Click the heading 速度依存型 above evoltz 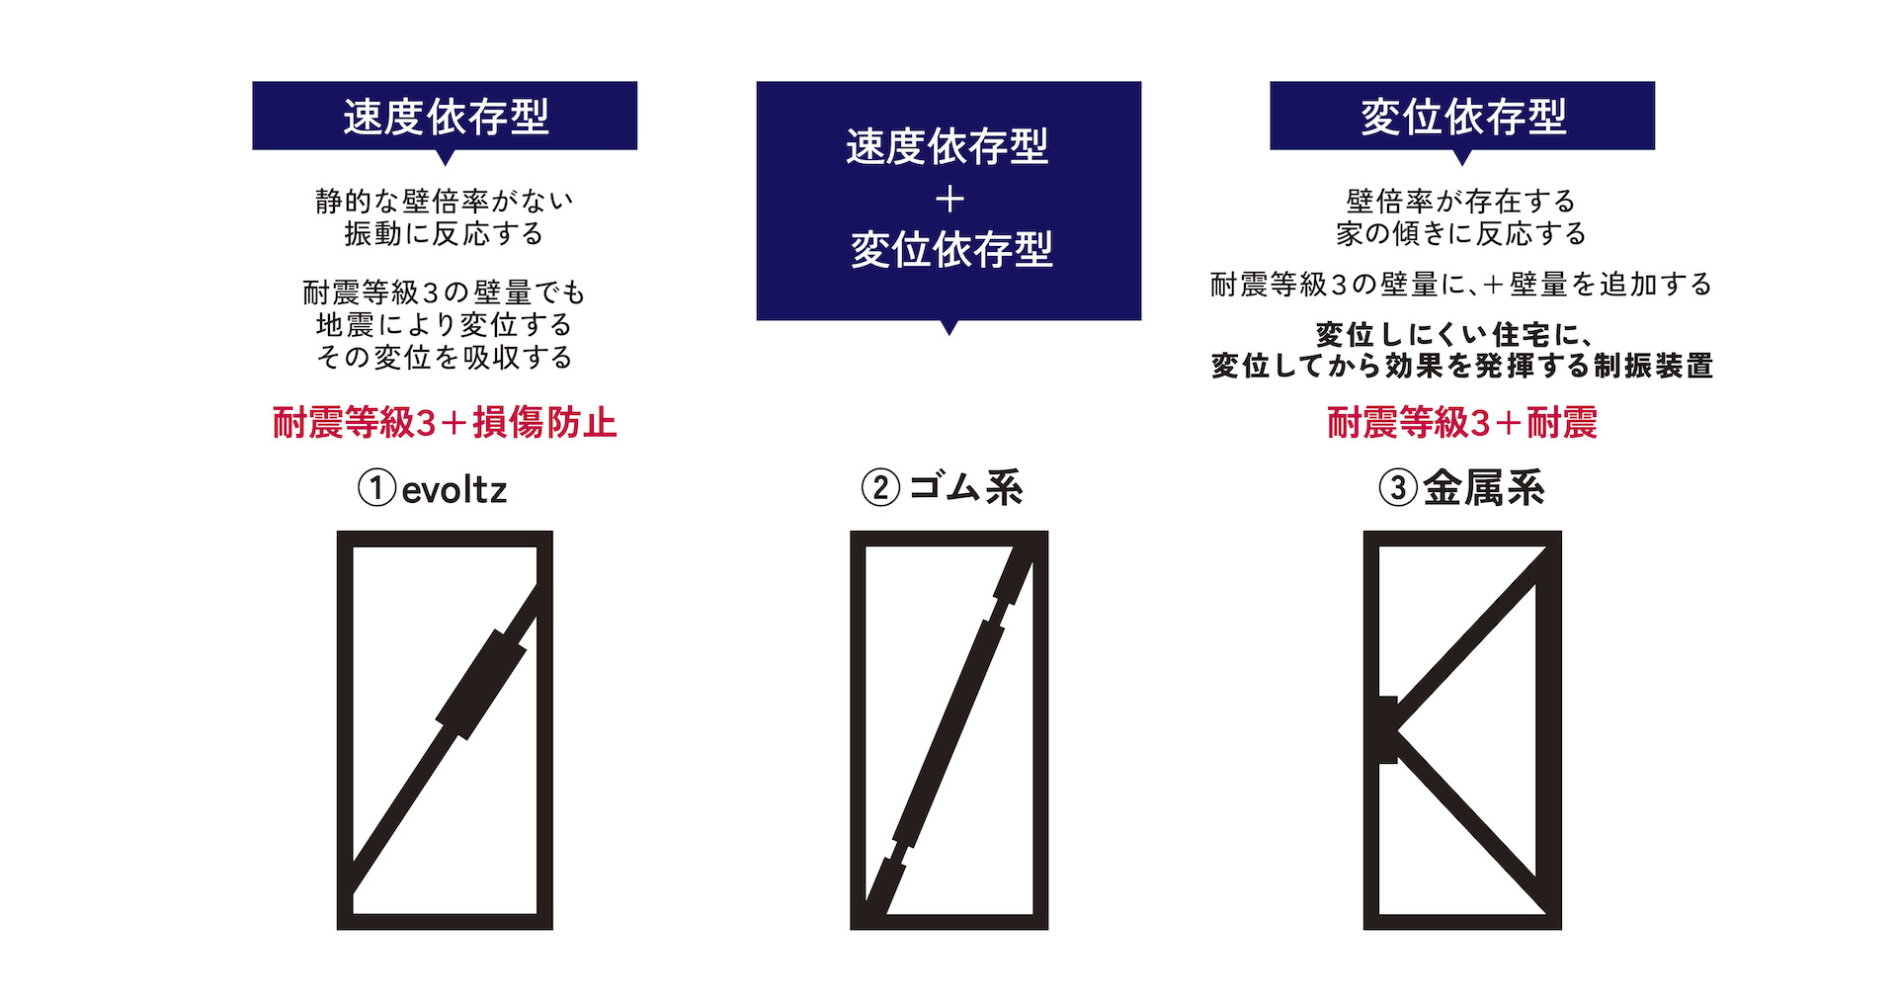pos(446,117)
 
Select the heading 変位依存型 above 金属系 pos(1463,117)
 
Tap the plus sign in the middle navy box pos(949,200)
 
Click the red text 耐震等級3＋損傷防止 pos(445,422)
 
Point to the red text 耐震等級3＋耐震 pos(1462,422)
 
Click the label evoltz pos(454,489)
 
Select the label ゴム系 pos(965,488)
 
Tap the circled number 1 pos(376,488)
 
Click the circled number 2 pos(880,488)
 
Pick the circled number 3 pos(1398,488)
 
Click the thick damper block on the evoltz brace pos(481,684)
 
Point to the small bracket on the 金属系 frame pos(1387,729)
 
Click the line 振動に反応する pos(445,234)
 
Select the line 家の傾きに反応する pos(1462,234)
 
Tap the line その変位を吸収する pos(445,357)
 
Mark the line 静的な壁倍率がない pos(445,202)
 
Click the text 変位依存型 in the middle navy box pos(951,249)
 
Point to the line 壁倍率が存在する pos(1461,202)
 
